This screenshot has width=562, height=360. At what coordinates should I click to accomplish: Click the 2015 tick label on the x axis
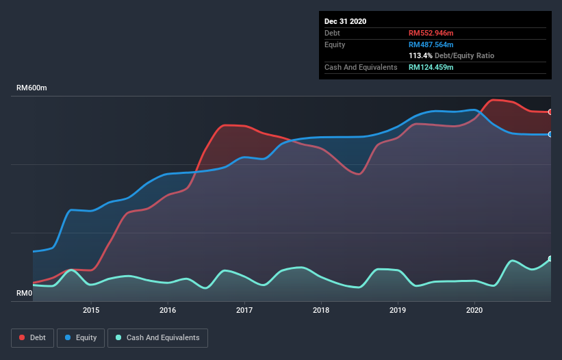tap(91, 310)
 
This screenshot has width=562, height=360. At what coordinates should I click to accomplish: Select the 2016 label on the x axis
tap(168, 310)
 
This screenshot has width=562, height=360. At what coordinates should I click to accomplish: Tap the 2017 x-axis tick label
tap(244, 310)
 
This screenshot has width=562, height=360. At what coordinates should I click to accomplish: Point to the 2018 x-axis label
tap(321, 310)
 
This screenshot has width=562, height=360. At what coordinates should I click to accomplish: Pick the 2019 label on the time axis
tap(398, 310)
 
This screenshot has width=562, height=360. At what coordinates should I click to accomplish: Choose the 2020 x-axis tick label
tap(474, 310)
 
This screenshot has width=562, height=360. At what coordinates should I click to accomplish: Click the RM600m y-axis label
tap(31, 88)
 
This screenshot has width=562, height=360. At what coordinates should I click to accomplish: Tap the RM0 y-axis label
tap(24, 294)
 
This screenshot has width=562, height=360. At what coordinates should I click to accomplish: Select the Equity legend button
tap(81, 338)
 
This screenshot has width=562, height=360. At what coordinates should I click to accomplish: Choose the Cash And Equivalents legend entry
tap(157, 338)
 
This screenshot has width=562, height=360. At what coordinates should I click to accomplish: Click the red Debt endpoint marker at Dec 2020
tap(550, 112)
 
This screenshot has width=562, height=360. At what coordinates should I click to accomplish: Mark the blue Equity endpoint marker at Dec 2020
tap(550, 134)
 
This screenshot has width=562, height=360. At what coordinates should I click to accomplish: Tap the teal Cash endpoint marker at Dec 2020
tap(550, 259)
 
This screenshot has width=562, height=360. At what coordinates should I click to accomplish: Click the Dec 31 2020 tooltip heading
tap(345, 21)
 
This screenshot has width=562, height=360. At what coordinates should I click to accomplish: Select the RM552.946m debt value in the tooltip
tap(431, 33)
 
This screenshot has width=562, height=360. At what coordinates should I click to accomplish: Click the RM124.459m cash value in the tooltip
tap(431, 67)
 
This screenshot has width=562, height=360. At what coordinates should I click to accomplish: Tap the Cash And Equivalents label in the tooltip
tap(361, 67)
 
